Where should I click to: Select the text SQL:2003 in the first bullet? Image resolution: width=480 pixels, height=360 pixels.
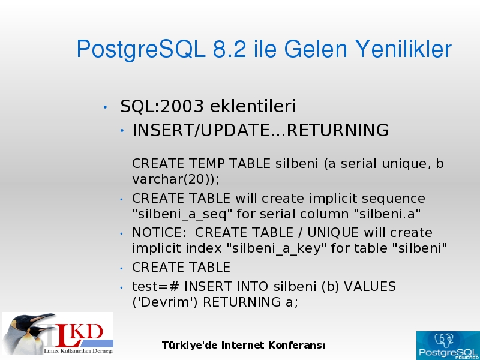pyautogui.click(x=162, y=106)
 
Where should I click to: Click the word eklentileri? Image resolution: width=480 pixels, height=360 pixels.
pyautogui.click(x=253, y=106)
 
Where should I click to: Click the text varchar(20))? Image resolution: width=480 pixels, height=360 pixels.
pyautogui.click(x=176, y=179)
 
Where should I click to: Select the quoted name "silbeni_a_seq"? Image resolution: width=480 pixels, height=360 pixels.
pyautogui.click(x=182, y=214)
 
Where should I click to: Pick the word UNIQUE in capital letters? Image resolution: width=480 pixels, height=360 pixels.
pyautogui.click(x=333, y=233)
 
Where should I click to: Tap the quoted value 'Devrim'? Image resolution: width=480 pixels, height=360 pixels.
pyautogui.click(x=165, y=302)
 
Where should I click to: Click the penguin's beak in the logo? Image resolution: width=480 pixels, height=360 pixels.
pyautogui.click(x=43, y=318)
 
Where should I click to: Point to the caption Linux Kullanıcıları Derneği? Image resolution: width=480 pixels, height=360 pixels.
pyautogui.click(x=78, y=350)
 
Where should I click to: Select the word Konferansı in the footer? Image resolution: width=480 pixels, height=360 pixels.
pyautogui.click(x=296, y=346)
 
